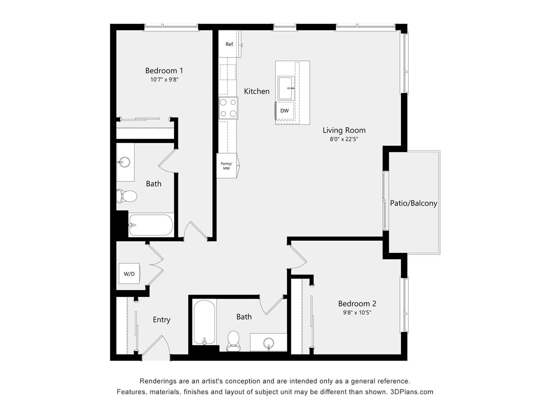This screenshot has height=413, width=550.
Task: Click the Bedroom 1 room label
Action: (x=164, y=70)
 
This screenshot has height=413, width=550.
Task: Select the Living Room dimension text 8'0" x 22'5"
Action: (x=344, y=138)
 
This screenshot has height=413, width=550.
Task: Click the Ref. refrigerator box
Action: (x=230, y=44)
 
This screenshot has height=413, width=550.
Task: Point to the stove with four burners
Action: (x=228, y=108)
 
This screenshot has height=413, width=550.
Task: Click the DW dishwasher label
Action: (x=284, y=111)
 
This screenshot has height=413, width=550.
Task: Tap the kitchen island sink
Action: (x=286, y=88)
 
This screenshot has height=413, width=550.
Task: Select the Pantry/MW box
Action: (x=226, y=165)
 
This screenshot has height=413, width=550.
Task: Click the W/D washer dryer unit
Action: (x=129, y=274)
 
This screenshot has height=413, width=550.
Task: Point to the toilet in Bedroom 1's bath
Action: (x=127, y=196)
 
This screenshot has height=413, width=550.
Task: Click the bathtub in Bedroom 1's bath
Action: (x=151, y=225)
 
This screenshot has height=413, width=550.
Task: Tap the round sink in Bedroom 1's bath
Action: (x=124, y=162)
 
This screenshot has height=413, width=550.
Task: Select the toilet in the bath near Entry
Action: (x=234, y=340)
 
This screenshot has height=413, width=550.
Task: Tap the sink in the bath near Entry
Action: (x=268, y=342)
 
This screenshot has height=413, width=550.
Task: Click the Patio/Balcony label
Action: (x=414, y=203)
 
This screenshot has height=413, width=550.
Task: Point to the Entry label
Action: (x=161, y=320)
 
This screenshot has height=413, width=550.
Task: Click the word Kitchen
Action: (x=257, y=91)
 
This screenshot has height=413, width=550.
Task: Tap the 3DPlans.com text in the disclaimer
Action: (x=412, y=392)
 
